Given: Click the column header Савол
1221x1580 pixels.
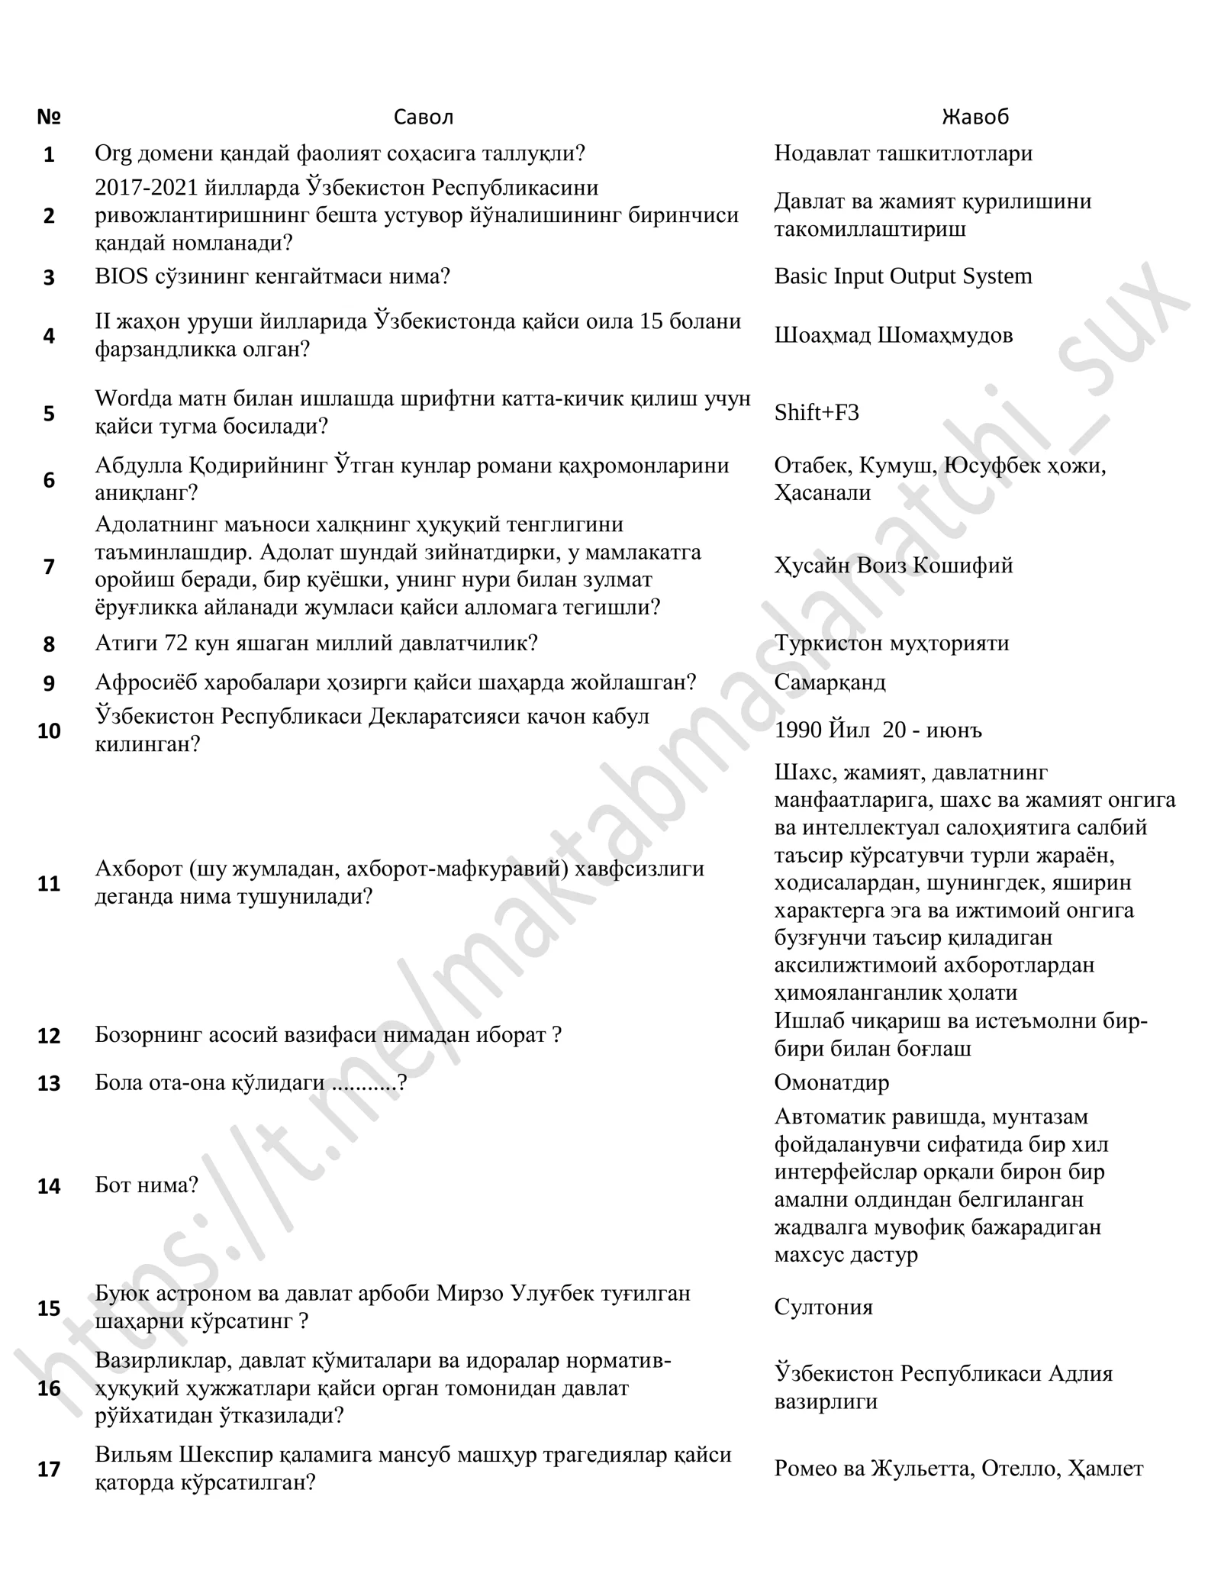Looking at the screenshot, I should (x=423, y=117).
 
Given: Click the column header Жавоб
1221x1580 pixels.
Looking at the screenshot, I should (x=975, y=117).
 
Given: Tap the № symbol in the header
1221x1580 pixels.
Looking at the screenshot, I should (x=49, y=117).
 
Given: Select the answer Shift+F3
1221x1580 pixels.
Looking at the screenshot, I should (x=816, y=413).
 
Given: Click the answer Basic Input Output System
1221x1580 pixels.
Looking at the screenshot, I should (x=903, y=276).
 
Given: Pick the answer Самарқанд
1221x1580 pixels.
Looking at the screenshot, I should (x=830, y=682).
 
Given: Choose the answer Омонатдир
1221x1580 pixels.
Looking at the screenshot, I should (x=831, y=1082).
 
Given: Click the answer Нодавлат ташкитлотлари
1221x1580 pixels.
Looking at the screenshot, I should (x=903, y=153).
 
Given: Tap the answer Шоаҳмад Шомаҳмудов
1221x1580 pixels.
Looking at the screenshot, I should (x=893, y=335).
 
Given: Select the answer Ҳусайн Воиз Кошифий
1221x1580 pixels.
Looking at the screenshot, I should (x=893, y=566).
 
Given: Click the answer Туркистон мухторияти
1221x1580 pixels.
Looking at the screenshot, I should (x=891, y=643).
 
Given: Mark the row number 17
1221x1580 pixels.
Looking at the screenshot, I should (x=49, y=1469).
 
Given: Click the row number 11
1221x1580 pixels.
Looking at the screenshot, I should (x=49, y=884).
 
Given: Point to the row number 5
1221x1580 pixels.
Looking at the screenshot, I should (x=49, y=414).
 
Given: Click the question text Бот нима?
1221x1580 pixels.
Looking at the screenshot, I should (x=147, y=1185).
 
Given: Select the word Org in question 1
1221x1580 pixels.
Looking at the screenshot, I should (x=113, y=154).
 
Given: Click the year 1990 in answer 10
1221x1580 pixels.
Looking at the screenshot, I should (x=798, y=730).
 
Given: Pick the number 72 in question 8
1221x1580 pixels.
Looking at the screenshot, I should (x=177, y=643).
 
